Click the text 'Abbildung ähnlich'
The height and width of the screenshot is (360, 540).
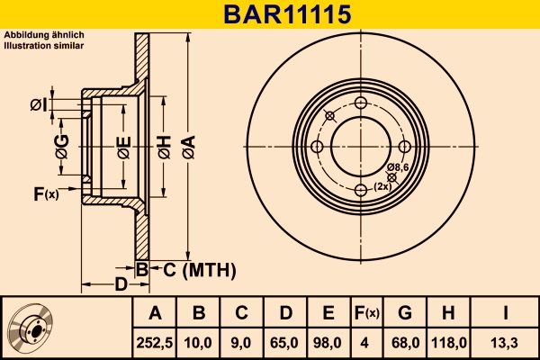[44, 34]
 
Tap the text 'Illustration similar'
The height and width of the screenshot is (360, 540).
[44, 44]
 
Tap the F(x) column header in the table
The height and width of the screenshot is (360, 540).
[366, 313]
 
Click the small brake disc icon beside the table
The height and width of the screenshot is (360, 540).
[33, 328]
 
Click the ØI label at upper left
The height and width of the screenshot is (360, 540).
[38, 105]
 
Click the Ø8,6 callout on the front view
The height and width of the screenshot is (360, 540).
[399, 167]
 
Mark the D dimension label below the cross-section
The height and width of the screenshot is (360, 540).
[120, 286]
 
